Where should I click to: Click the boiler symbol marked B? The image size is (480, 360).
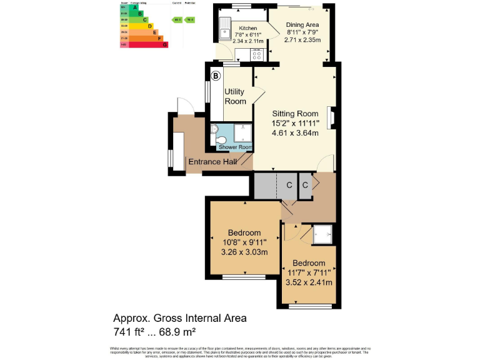point(216,76)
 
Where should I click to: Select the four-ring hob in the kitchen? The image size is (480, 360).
point(256,54)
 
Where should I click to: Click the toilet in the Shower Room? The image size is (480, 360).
point(214,132)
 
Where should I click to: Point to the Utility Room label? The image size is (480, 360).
point(235,96)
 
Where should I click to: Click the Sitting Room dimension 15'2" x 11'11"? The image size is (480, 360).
point(295,123)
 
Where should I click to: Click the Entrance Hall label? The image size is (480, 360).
point(213,162)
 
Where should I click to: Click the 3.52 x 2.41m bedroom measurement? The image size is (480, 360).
point(308,282)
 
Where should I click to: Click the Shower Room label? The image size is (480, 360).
point(236,147)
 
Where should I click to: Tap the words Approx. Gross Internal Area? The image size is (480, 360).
point(179,318)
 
